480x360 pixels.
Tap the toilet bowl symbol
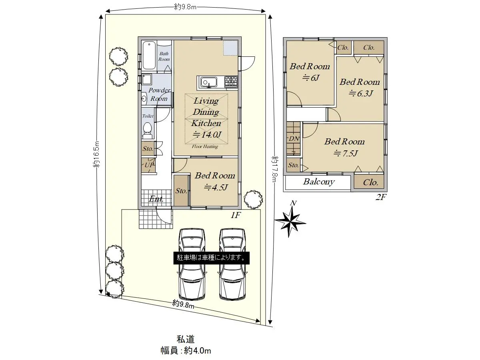(147, 130)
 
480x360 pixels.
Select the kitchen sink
(209, 82)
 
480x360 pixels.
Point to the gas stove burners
(231, 82)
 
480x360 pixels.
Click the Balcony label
(319, 182)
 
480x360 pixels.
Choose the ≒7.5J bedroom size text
(345, 154)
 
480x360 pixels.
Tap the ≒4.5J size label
(216, 187)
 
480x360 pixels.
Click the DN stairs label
(294, 138)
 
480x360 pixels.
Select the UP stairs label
(149, 164)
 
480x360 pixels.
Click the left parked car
(192, 264)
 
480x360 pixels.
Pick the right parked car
(232, 264)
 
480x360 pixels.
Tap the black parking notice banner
(211, 258)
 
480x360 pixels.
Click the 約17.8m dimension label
(275, 169)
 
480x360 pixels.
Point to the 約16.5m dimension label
(97, 154)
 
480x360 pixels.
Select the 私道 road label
(186, 339)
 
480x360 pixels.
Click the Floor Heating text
(205, 146)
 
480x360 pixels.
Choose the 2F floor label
(381, 197)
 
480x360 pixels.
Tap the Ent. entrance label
(156, 199)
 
